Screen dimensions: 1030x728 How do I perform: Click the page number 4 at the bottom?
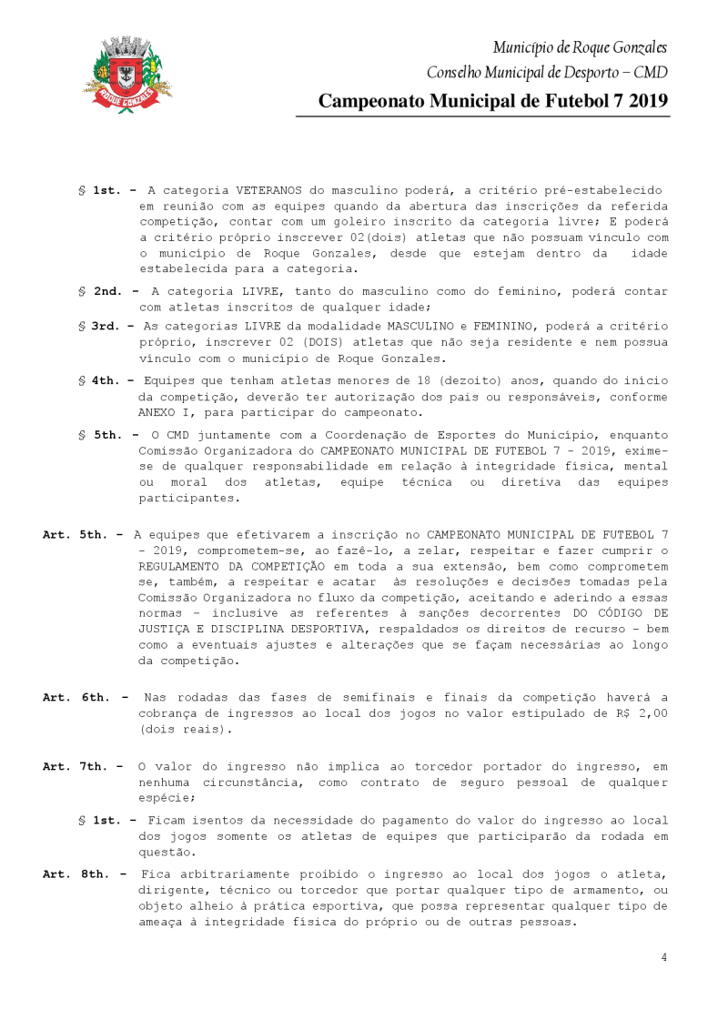pos(664,957)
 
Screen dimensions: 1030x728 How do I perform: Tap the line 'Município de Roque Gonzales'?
pos(581,47)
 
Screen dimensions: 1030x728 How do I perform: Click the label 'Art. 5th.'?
pos(76,535)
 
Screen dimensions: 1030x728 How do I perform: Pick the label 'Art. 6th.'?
pos(76,697)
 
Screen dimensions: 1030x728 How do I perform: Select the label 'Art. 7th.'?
pos(76,766)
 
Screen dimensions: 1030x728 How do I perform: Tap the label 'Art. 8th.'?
pos(76,873)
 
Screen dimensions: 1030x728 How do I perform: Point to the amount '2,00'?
pos(652,713)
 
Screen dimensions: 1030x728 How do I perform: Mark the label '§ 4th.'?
pos(106,379)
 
